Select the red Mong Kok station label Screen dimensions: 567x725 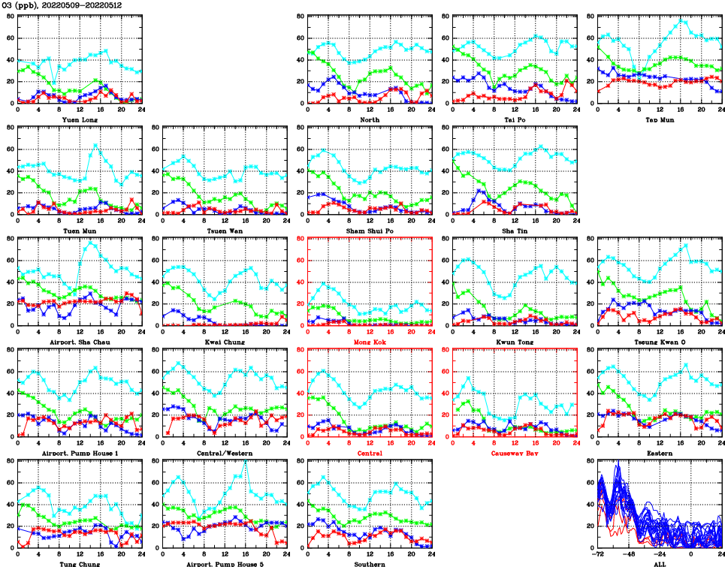(370, 342)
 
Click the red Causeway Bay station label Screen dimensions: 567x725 (515, 454)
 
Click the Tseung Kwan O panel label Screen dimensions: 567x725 (659, 342)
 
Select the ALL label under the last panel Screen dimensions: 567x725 (659, 563)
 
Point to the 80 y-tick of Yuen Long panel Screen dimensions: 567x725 (10, 16)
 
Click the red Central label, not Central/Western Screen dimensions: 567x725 (370, 454)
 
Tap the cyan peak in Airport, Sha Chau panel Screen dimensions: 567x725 (91, 243)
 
